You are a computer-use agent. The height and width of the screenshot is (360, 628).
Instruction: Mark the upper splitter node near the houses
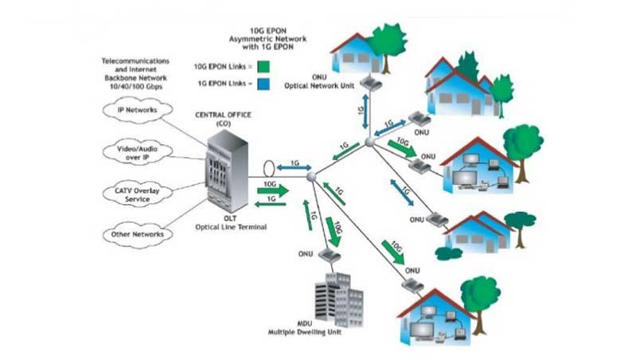(x=369, y=142)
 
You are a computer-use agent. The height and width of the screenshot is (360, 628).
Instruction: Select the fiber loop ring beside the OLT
(x=269, y=169)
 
